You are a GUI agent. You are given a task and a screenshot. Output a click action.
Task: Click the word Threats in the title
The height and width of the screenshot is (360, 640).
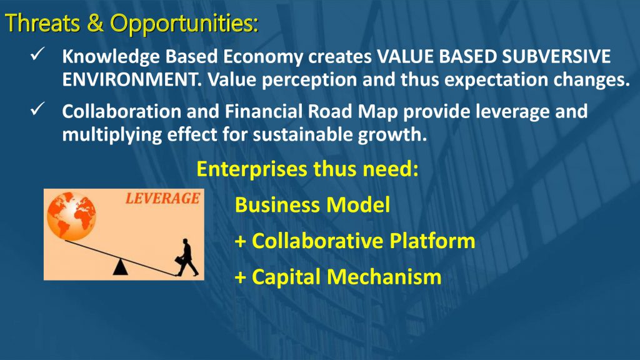[42, 23]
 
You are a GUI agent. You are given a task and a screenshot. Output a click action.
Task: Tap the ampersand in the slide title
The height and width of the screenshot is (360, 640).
[95, 23]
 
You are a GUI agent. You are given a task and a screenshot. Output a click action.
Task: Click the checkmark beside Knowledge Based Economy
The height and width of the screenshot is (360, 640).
[37, 54]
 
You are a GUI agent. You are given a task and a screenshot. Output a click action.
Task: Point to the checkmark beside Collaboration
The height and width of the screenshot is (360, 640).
[37, 109]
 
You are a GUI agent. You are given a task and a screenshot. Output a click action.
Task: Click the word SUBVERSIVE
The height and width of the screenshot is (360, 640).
[556, 56]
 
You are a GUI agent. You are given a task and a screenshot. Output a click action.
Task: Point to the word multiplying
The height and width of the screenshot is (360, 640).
[112, 135]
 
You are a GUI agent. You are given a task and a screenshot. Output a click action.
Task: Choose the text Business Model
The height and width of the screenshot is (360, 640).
[312, 204]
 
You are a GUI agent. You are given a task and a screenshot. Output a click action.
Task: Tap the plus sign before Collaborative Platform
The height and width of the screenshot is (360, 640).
[241, 241]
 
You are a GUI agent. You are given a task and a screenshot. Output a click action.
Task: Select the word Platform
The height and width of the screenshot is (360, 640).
[432, 241]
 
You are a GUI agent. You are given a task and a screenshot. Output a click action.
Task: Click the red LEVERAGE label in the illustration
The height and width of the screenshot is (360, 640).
[162, 198]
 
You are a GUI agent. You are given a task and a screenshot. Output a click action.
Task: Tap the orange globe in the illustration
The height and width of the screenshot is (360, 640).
[71, 216]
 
